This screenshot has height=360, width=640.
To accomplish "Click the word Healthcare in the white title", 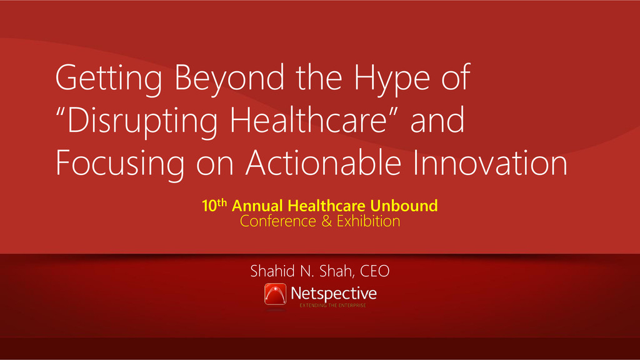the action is (308, 119).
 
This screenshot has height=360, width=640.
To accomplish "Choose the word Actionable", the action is (323, 162).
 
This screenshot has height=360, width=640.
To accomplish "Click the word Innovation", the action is (490, 162).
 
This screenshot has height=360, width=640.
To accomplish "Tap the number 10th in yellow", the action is (214, 205).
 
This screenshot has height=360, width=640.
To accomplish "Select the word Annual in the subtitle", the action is (257, 206).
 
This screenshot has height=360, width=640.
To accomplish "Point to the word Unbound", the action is (404, 206).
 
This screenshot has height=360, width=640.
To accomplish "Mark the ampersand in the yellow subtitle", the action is (326, 221).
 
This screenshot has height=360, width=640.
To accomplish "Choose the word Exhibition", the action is (368, 221).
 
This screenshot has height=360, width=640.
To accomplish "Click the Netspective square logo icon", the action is (275, 294).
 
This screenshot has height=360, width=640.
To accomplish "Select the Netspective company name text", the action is (334, 294).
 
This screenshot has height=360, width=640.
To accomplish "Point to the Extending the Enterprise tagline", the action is (332, 305).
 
